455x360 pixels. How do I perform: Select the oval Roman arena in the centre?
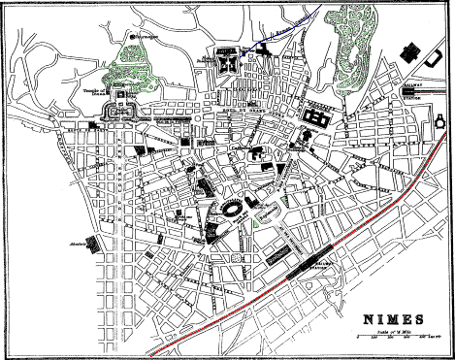coord(233,211)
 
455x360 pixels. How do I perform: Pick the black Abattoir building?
coord(95,244)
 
